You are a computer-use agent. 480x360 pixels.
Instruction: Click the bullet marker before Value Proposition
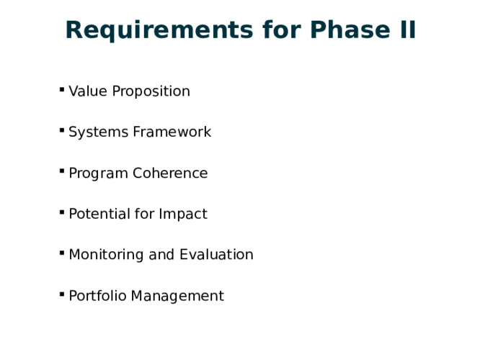[x=62, y=89]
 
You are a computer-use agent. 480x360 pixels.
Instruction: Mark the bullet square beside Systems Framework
[x=62, y=130]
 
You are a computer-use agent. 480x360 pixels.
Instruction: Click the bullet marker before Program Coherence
[x=62, y=171]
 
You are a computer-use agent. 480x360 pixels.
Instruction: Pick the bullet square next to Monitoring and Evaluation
[x=62, y=253]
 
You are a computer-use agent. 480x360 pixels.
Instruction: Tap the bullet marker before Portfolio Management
[x=62, y=294]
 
